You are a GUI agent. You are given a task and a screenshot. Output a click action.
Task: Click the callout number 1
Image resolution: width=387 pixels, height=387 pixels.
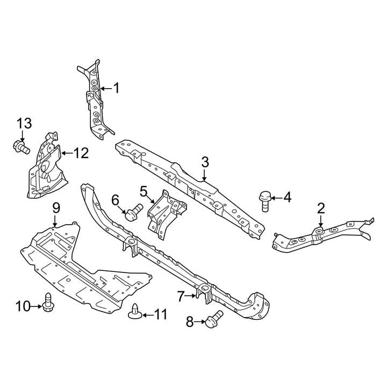(116, 88)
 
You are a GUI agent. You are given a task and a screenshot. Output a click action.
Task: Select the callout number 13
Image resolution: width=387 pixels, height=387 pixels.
(24, 124)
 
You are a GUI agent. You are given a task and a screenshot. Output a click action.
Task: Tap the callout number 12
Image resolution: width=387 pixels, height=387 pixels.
(81, 153)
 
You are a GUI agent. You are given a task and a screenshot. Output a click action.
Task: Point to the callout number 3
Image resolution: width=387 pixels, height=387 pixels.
(205, 162)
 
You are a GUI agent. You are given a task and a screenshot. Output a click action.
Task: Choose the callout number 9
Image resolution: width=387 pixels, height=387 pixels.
(56, 208)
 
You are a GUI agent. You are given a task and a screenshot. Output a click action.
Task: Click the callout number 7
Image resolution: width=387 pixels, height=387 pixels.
(181, 296)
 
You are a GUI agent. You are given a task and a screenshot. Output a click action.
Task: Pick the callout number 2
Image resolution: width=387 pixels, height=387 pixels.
(321, 209)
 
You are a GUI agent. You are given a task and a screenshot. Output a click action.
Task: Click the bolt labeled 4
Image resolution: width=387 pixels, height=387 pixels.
(265, 202)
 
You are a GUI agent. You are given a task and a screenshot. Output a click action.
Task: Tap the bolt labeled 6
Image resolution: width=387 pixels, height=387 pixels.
(134, 212)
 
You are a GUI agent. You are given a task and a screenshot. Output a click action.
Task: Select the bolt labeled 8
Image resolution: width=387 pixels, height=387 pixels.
(214, 319)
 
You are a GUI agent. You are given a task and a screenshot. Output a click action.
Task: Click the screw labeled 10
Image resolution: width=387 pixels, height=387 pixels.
(48, 302)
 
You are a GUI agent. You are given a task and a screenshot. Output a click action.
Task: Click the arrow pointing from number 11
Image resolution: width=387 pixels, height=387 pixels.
(148, 315)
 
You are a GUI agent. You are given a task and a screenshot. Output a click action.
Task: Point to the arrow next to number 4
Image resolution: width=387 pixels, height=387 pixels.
(277, 198)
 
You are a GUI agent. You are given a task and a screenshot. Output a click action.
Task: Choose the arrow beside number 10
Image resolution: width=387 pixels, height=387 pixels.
(37, 306)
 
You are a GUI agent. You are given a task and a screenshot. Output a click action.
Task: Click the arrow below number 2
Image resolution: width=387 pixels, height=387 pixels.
(320, 221)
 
